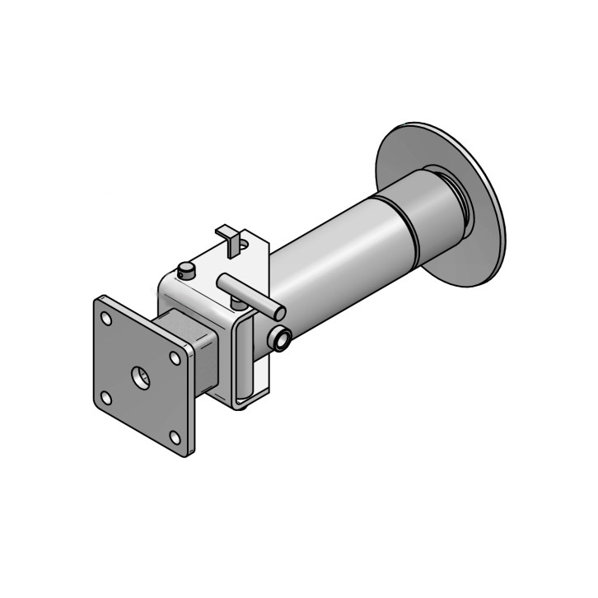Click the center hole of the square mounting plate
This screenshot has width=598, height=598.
click(141, 378)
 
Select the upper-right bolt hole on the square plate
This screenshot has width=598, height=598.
click(175, 357)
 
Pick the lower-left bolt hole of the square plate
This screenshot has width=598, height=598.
click(106, 398)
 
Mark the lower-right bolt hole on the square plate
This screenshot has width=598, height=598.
click(175, 438)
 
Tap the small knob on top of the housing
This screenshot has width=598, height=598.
click(188, 269)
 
